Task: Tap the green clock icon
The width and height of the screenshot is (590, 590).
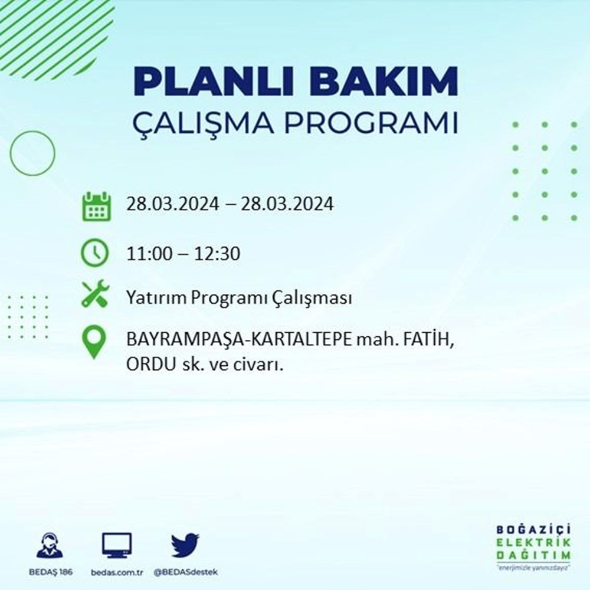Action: coord(94,254)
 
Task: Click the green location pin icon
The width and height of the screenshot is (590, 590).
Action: coord(94,342)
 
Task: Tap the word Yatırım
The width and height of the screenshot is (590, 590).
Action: coord(155,299)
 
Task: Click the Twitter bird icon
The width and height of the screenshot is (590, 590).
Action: coord(185,545)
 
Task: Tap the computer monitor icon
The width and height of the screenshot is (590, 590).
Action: coord(116,545)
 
